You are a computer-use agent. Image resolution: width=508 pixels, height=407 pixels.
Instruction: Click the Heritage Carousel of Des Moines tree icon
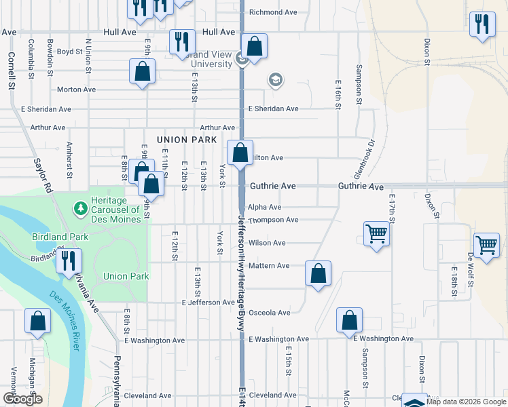pyautogui.click(x=80, y=206)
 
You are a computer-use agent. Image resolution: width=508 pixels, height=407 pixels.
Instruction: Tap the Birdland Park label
pyautogui.click(x=60, y=237)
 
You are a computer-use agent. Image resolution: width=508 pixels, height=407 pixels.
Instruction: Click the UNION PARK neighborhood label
pyautogui.click(x=187, y=140)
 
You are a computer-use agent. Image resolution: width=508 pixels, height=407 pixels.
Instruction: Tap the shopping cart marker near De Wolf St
pyautogui.click(x=486, y=246)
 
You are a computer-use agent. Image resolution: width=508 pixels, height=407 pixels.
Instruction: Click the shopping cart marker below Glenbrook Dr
pyautogui.click(x=376, y=234)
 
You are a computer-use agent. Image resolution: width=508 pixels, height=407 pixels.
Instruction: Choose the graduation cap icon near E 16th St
pyautogui.click(x=275, y=81)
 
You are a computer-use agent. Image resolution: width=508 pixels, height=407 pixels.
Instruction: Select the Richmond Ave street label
pyautogui.click(x=273, y=12)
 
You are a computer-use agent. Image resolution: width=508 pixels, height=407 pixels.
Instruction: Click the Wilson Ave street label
pyautogui.click(x=267, y=243)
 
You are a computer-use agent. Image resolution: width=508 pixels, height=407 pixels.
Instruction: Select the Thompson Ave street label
pyautogui.click(x=273, y=220)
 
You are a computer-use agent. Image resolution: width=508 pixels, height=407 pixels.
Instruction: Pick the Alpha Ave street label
pyautogui.click(x=264, y=208)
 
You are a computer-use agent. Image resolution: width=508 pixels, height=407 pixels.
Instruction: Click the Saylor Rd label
pyautogui.click(x=42, y=176)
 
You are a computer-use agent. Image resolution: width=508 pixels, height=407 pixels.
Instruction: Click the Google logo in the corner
pyautogui.click(x=22, y=399)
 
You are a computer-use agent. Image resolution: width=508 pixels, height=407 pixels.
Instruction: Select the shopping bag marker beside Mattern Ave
pyautogui.click(x=318, y=273)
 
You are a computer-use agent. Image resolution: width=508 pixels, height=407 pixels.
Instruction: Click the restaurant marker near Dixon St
pyautogui.click(x=482, y=25)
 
